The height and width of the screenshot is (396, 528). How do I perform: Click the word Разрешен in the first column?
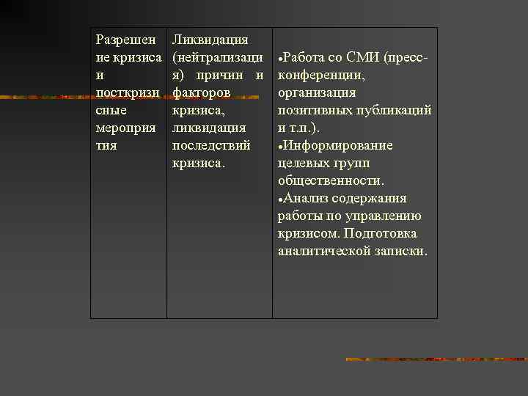coord(125,40)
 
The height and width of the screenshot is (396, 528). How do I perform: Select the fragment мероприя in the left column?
coord(125,128)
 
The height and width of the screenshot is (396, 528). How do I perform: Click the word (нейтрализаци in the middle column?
coord(217,57)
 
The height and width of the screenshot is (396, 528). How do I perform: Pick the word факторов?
coord(201,92)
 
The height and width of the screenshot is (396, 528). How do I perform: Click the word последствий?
coord(210,145)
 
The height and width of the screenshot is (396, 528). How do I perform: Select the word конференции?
coord(322,75)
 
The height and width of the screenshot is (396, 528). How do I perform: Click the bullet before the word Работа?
coord(280,58)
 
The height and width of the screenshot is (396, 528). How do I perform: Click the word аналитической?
coord(323,251)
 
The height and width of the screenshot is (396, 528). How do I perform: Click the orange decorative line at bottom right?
coord(436,359)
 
